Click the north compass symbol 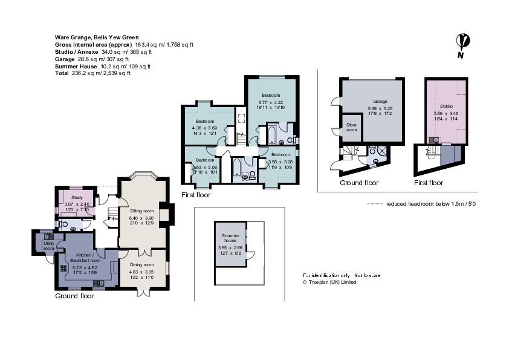coord(464,44)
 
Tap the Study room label coord(77,197)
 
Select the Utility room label coord(48,246)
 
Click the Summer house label coord(231,238)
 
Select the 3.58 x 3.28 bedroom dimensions coord(280,162)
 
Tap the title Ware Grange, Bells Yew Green coord(96,38)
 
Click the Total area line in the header coord(92,73)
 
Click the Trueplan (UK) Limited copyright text coord(329,282)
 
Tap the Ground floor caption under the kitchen coord(74,296)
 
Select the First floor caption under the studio coord(429,183)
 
